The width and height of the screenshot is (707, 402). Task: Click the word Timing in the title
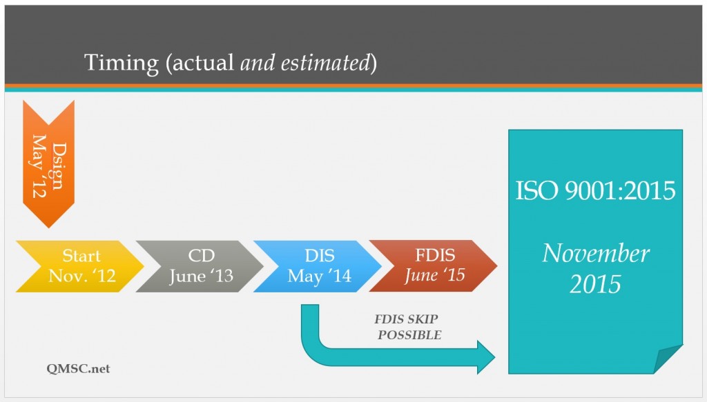click(122, 63)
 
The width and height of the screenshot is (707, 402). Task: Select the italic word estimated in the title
click(324, 63)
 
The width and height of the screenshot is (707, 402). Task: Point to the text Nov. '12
click(81, 277)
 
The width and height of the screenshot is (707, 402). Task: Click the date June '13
click(201, 277)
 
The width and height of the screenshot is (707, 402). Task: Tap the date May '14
click(319, 277)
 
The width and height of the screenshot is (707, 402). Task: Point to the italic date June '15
click(435, 275)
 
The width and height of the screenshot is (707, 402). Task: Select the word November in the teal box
click(595, 253)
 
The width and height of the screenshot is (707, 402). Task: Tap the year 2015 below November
click(595, 283)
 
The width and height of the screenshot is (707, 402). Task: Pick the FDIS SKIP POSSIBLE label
click(408, 328)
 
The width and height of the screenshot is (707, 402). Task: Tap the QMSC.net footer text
click(73, 369)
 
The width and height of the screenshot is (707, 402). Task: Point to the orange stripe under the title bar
click(353, 86)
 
